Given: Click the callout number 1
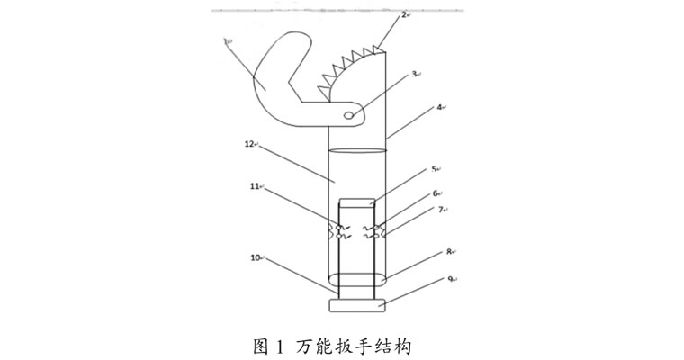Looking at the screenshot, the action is pos(226,41).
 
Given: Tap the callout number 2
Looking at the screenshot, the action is pos(404,14).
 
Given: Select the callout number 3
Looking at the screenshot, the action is pos(414,74).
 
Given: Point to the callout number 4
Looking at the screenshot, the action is pos(440,106).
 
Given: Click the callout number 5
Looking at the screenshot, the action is pos(434,169).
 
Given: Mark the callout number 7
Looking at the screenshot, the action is pos(441,210).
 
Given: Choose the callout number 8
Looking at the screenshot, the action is pos(448,251).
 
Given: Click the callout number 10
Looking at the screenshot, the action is pos(256,257).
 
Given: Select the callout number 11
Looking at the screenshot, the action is pos(255,186).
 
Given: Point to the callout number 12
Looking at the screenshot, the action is pos(249,144).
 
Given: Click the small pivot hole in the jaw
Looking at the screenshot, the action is pos(349,115).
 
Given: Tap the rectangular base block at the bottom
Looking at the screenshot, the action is pos(357,305).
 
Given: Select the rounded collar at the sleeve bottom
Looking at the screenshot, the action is pos(357,279).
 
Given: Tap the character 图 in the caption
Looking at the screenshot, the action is pos(260,346).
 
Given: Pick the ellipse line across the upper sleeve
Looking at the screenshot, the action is pos(357,150).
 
